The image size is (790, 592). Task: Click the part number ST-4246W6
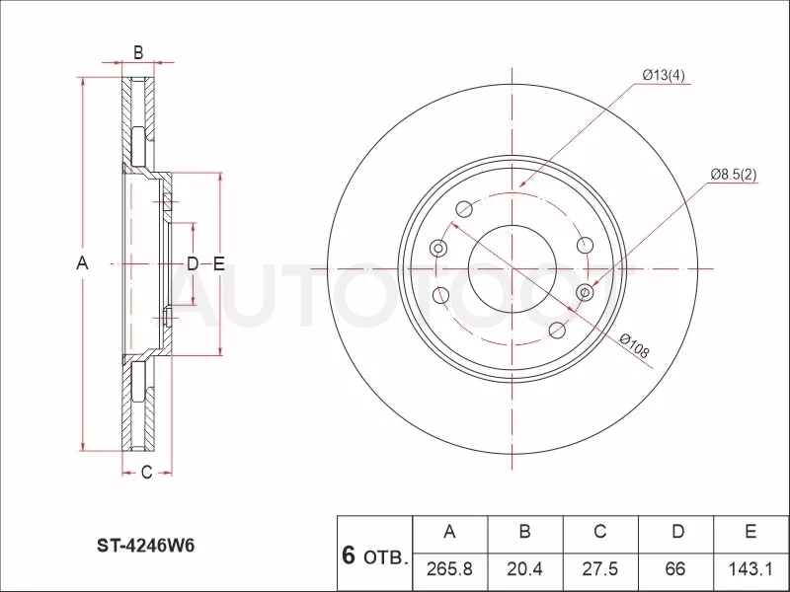(x=145, y=546)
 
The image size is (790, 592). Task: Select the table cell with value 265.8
(x=449, y=568)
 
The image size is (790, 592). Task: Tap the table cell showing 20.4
(x=524, y=568)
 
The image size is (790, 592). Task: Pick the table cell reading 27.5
(x=600, y=568)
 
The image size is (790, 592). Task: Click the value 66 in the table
(x=675, y=568)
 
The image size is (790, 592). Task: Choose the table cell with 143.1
(x=750, y=568)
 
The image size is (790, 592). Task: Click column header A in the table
(x=449, y=532)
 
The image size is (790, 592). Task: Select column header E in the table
(x=750, y=532)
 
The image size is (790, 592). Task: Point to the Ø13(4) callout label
(x=664, y=75)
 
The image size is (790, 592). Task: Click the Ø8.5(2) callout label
(x=734, y=175)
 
